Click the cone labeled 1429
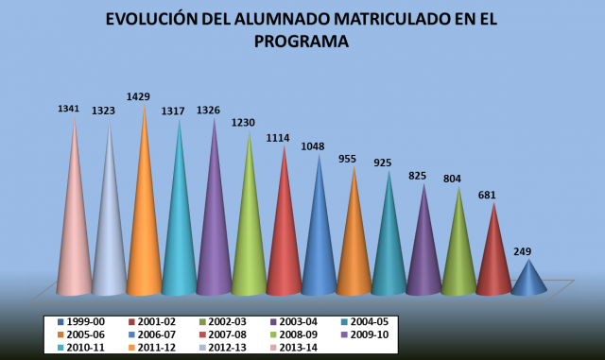[145, 227]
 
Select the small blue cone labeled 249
[528, 281]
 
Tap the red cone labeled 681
[493, 260]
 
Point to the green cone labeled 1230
[249, 236]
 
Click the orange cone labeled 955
[354, 246]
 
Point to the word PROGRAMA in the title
[302, 42]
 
